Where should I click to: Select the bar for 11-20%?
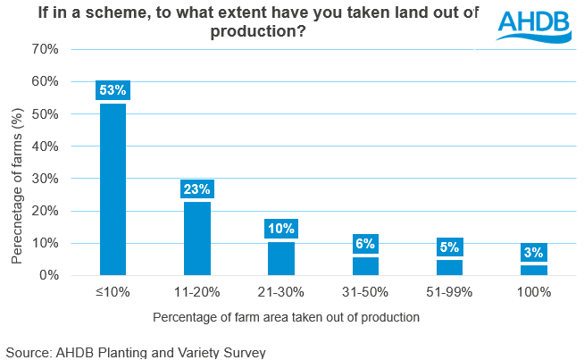(196, 239)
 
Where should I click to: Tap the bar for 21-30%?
(281, 259)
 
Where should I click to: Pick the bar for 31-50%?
(365, 266)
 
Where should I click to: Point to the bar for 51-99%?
(449, 268)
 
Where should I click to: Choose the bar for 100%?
(533, 271)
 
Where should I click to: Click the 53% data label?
(113, 90)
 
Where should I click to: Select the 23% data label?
(196, 188)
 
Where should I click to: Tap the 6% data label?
(365, 243)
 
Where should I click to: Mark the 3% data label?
(533, 253)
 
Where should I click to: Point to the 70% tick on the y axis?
(45, 49)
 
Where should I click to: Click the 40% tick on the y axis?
(45, 147)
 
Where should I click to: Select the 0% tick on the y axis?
(48, 276)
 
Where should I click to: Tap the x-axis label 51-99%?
(449, 293)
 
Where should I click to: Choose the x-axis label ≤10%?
(113, 293)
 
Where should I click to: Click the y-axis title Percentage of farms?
(17, 186)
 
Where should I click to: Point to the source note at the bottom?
(135, 352)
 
